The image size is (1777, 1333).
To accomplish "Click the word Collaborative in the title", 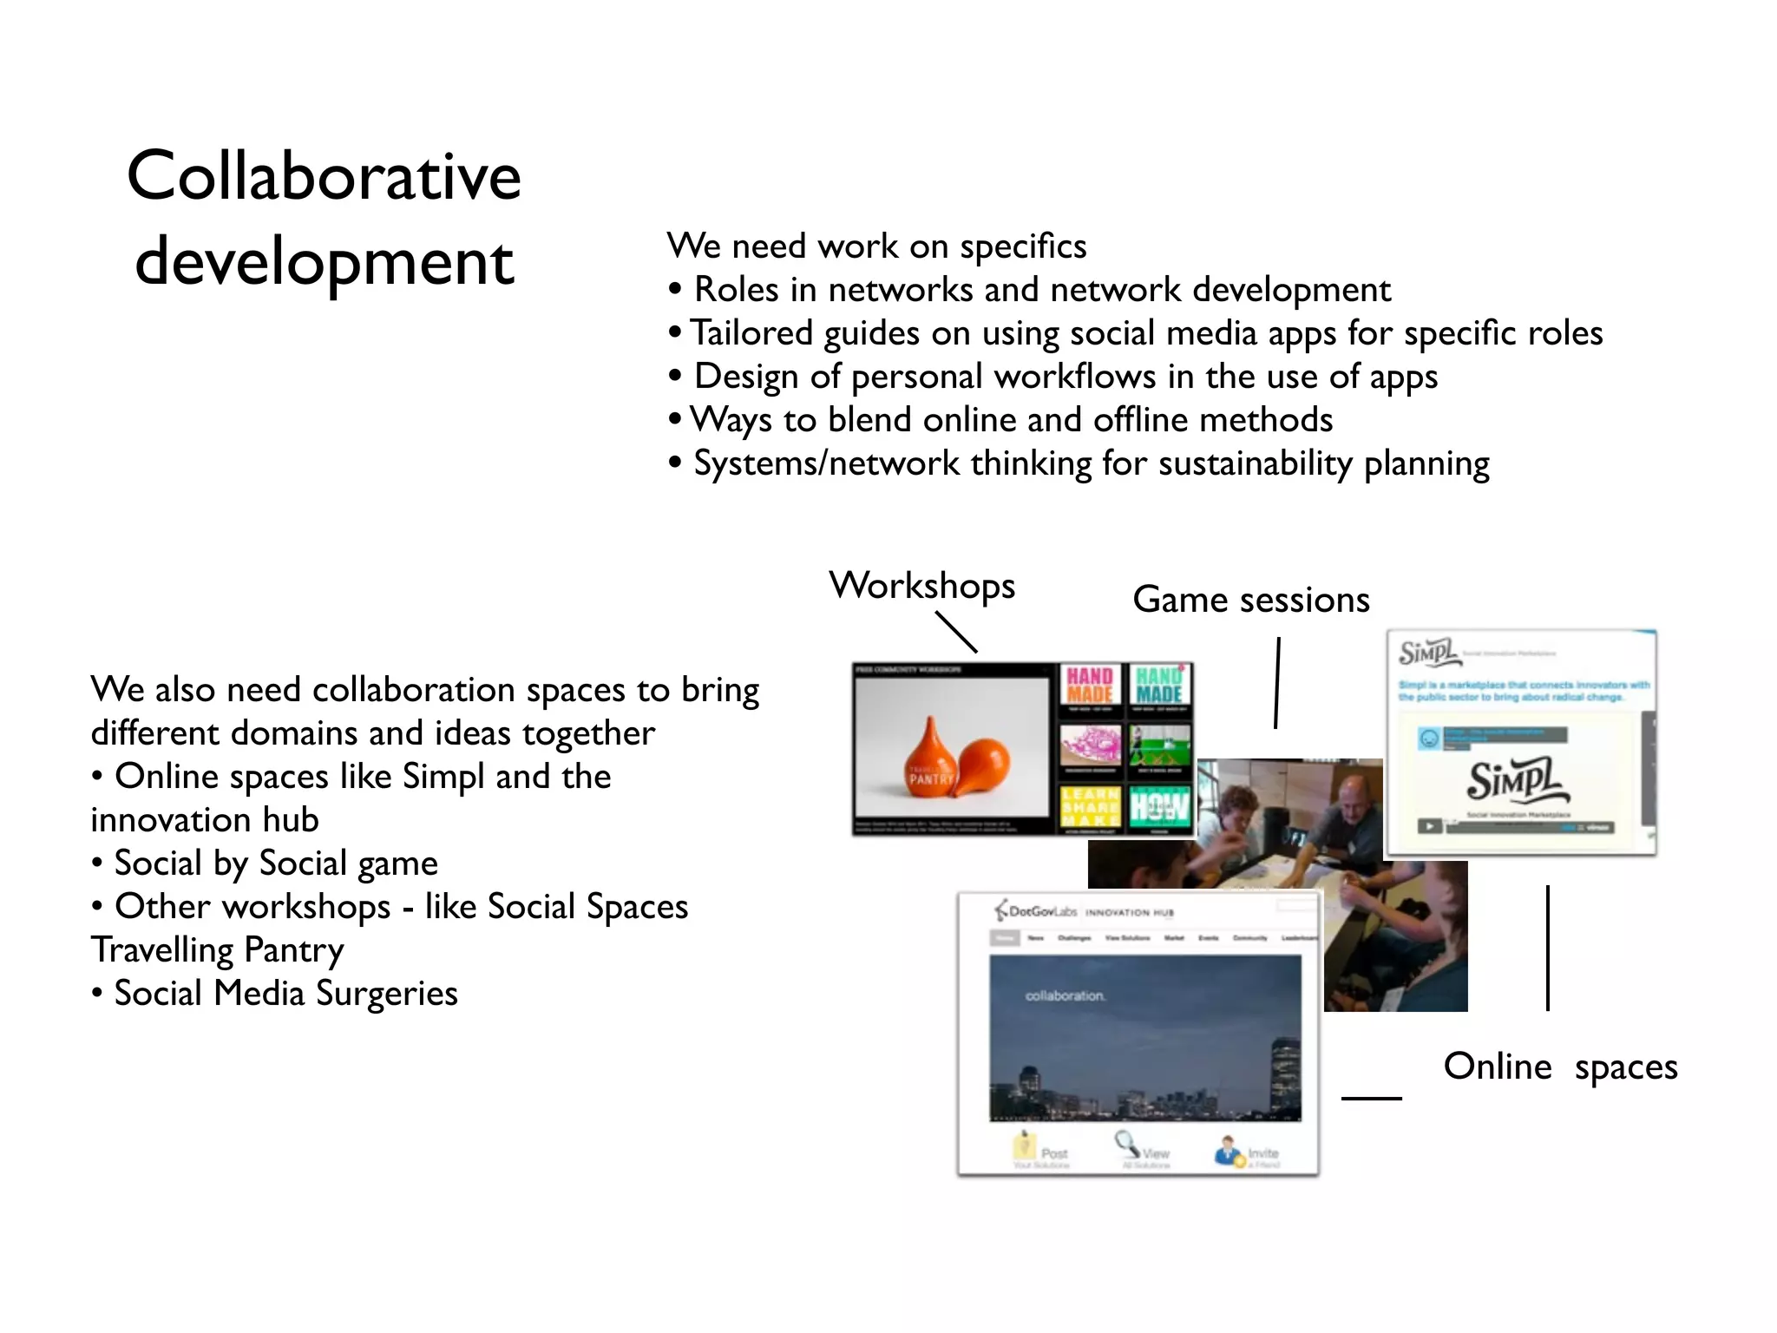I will (x=324, y=176).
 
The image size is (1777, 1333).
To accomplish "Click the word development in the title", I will (x=325, y=262).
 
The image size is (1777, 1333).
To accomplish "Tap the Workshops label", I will (x=921, y=586).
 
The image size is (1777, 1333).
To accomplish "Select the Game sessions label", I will (x=1250, y=600).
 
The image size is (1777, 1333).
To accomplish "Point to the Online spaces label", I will (x=1559, y=1067).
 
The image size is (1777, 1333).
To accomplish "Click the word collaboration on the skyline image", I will (x=1065, y=995).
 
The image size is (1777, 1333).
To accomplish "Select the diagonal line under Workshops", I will (x=956, y=632).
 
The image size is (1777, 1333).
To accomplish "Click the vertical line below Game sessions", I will (x=1277, y=683).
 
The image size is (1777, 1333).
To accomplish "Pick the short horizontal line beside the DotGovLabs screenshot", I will (x=1371, y=1099).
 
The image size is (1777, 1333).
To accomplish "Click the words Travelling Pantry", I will (x=217, y=950).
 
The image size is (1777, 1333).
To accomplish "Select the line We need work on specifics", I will (x=876, y=246).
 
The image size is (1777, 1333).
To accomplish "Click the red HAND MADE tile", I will (x=1090, y=686).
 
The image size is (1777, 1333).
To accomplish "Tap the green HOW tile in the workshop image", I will (x=1159, y=807).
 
